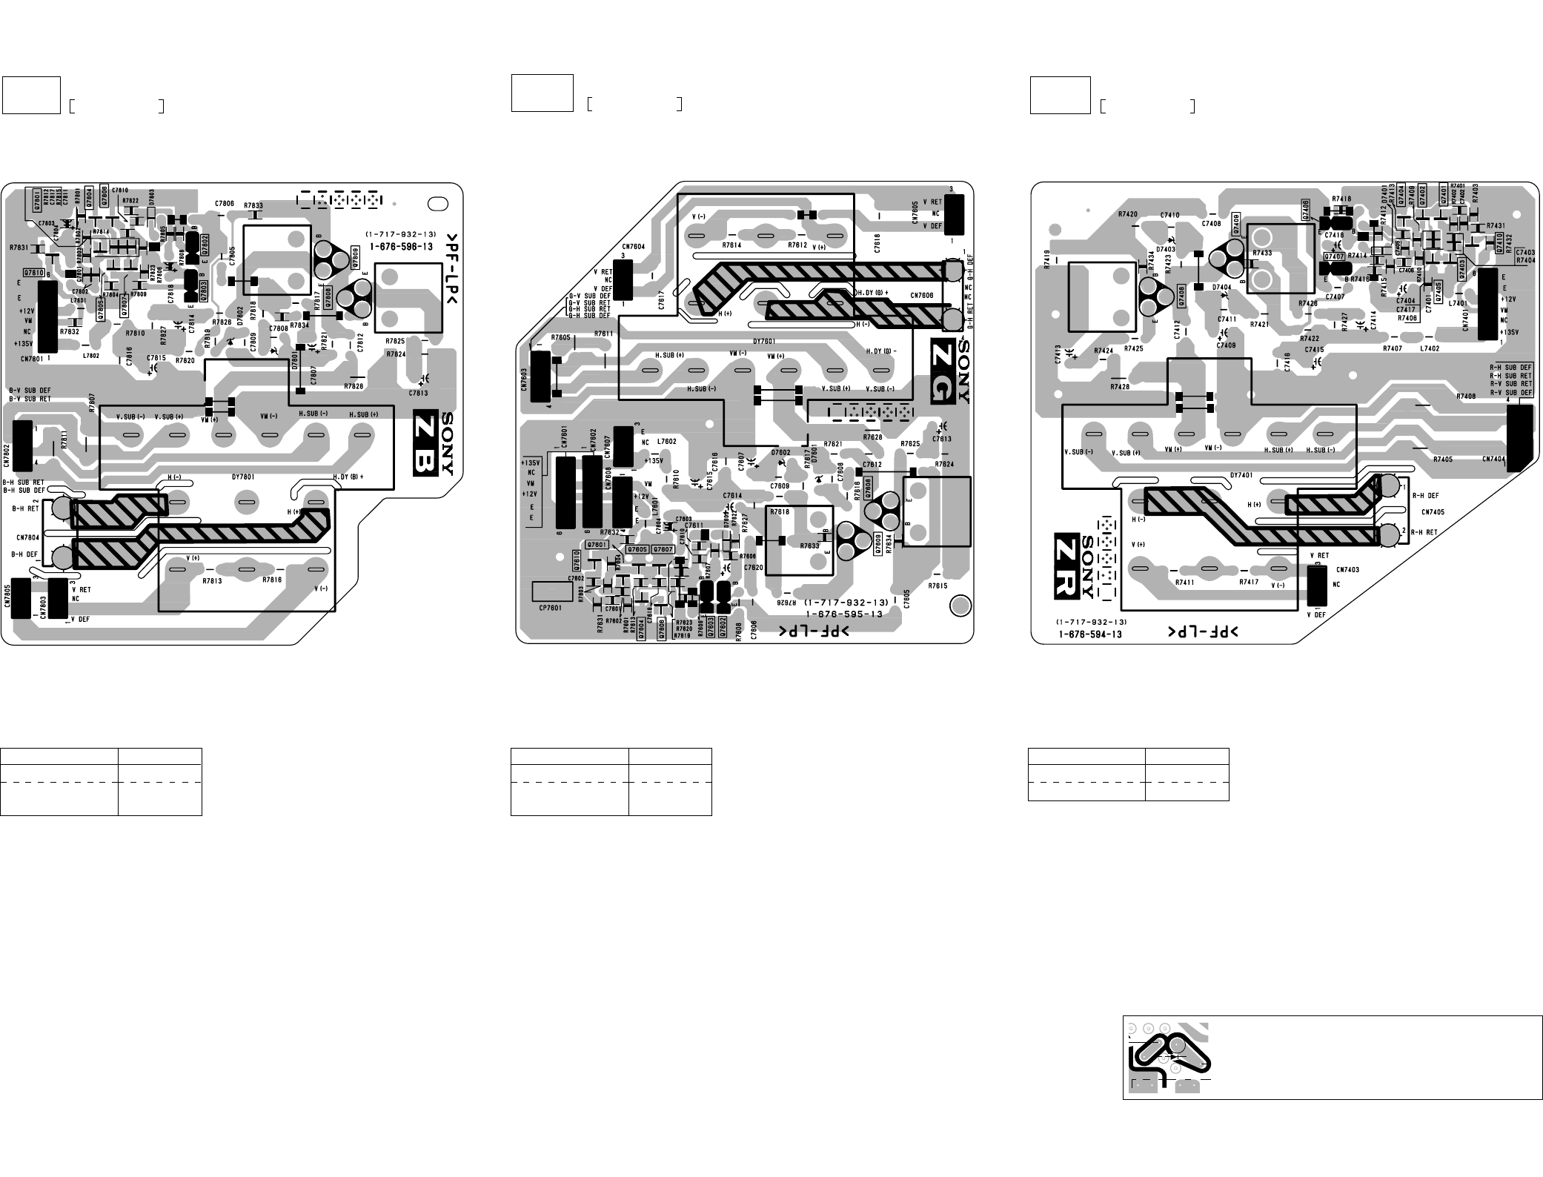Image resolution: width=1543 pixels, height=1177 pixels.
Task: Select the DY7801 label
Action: click(x=242, y=477)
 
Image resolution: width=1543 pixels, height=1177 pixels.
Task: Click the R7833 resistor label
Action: click(x=253, y=205)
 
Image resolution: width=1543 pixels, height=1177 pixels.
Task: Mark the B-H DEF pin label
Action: click(x=24, y=554)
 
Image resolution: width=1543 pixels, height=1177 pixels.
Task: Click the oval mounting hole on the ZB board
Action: click(x=438, y=203)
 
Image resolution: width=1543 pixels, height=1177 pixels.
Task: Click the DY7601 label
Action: click(x=764, y=342)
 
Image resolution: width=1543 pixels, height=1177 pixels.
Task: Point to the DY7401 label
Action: click(x=1241, y=475)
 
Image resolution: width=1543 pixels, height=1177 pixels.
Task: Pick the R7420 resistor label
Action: click(x=1128, y=214)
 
